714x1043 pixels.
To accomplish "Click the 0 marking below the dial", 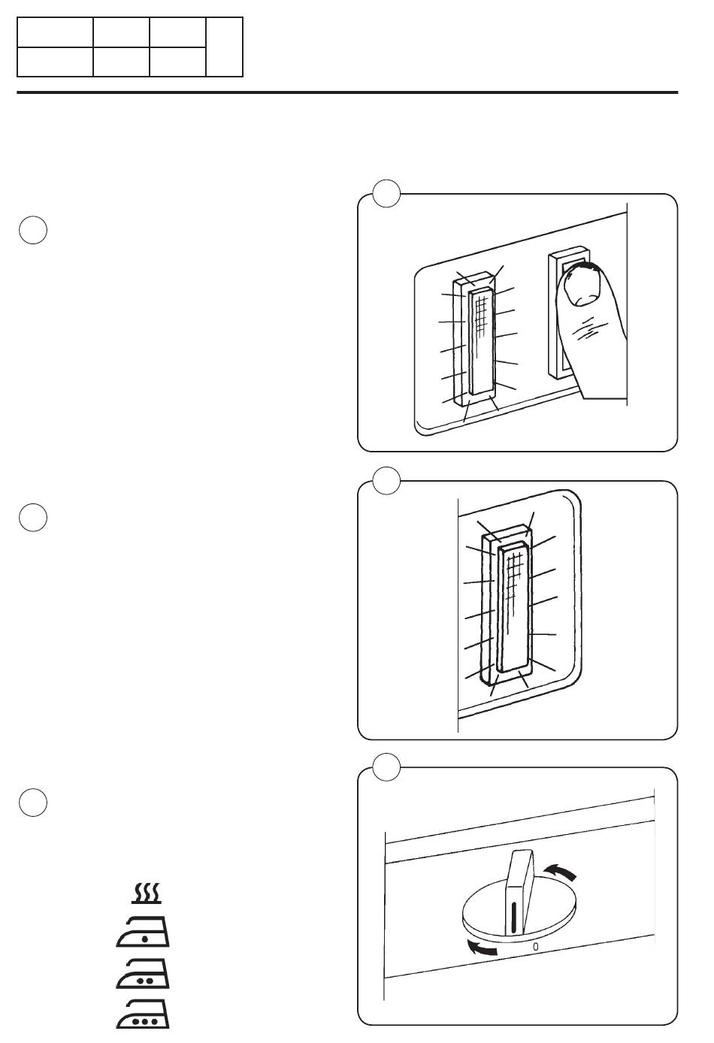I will click(x=535, y=947).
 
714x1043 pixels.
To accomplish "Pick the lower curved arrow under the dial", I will click(x=480, y=949).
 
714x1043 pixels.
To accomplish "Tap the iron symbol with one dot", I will click(x=144, y=934).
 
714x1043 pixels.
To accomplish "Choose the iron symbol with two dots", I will click(x=144, y=975).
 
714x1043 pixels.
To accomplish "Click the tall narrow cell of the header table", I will click(x=225, y=47).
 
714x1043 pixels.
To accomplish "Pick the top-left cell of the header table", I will click(x=55, y=33).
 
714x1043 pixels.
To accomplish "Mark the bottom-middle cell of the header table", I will click(x=121, y=62).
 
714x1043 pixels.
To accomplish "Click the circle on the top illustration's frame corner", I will click(x=386, y=194).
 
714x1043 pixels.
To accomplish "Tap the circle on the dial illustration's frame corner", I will click(x=386, y=767).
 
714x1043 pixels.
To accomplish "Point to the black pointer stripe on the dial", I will click(x=514, y=918).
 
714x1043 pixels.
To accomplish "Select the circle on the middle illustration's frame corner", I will click(x=386, y=481).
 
